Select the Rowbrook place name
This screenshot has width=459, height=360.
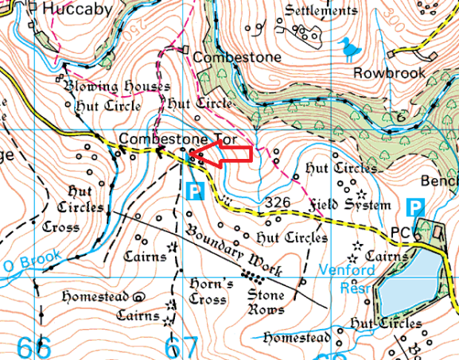(x=389, y=72)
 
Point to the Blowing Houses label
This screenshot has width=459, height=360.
(x=117, y=86)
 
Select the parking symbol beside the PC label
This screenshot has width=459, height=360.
(x=414, y=207)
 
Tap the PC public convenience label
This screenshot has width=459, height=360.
(x=399, y=233)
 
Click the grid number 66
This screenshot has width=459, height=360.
(x=33, y=346)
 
